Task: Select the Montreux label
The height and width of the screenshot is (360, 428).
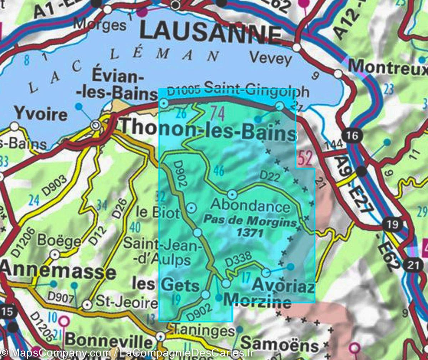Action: pos(387,67)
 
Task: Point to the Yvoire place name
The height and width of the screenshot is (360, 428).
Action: pos(41,114)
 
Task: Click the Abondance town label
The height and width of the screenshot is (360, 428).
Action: pos(250,206)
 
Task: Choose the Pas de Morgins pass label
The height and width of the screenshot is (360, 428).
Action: pos(250,221)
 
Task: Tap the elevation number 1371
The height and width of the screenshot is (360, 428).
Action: pos(250,233)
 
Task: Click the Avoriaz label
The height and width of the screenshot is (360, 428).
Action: pos(284,286)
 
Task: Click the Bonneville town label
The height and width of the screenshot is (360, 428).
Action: pos(109,341)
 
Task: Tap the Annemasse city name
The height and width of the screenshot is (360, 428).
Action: pos(58,272)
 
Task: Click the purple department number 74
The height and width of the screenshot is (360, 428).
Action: pos(217,115)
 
